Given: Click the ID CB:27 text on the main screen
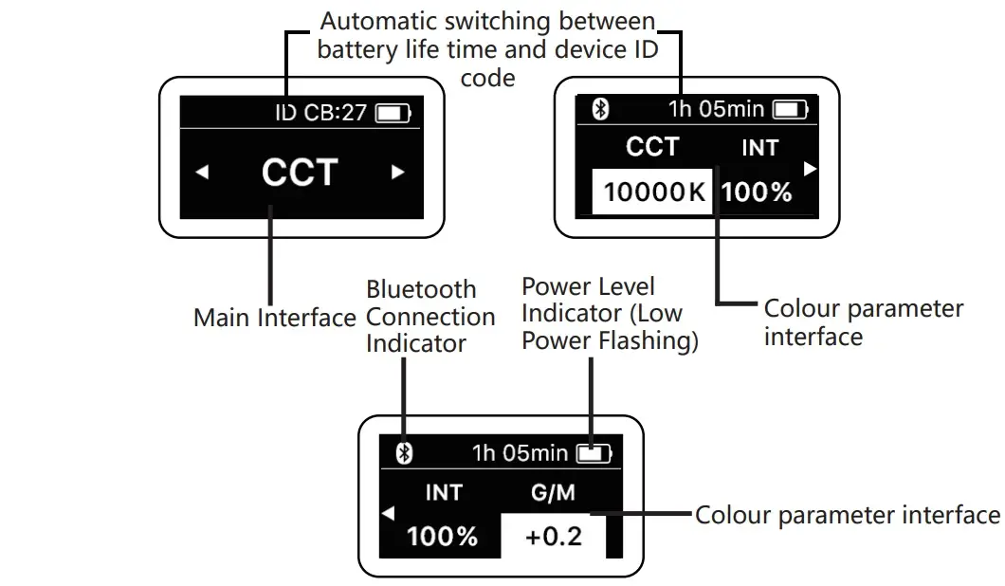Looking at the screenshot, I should pyautogui.click(x=320, y=113).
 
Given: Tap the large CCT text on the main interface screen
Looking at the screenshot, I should pyautogui.click(x=300, y=172).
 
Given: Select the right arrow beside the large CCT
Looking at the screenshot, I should pyautogui.click(x=398, y=173).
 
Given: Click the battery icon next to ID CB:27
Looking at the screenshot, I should pyautogui.click(x=394, y=114).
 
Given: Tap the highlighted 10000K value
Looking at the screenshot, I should pyautogui.click(x=654, y=192).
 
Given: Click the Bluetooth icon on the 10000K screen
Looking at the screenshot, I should pyautogui.click(x=599, y=109).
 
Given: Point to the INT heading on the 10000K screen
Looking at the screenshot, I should pyautogui.click(x=759, y=148).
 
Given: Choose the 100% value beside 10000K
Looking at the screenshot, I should pyautogui.click(x=756, y=192).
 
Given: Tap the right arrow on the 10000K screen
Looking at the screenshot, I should pyautogui.click(x=810, y=169).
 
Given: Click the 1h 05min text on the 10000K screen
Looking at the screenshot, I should pyautogui.click(x=716, y=109).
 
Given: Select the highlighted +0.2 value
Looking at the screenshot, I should pyautogui.click(x=553, y=536).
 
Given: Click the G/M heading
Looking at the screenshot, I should pyautogui.click(x=553, y=493).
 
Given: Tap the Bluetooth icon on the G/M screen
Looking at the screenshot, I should pyautogui.click(x=404, y=453).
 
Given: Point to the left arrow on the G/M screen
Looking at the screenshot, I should pyautogui.click(x=387, y=514).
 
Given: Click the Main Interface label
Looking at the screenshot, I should pyautogui.click(x=274, y=317).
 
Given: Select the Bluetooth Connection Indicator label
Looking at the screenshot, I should pyautogui.click(x=430, y=316).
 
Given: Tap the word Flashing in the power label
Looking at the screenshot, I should pyautogui.click(x=649, y=340).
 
